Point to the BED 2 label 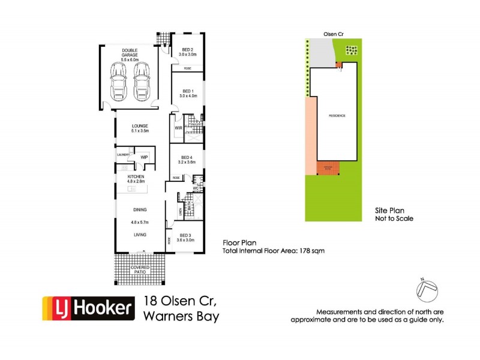187,49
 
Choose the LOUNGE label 140,127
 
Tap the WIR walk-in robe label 179,128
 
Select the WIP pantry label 144,157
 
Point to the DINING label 140,209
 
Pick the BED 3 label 185,235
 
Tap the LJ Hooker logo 88,309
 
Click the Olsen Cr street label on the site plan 333,35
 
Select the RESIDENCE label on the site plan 337,115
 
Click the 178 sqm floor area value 314,251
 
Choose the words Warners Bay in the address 182,315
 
